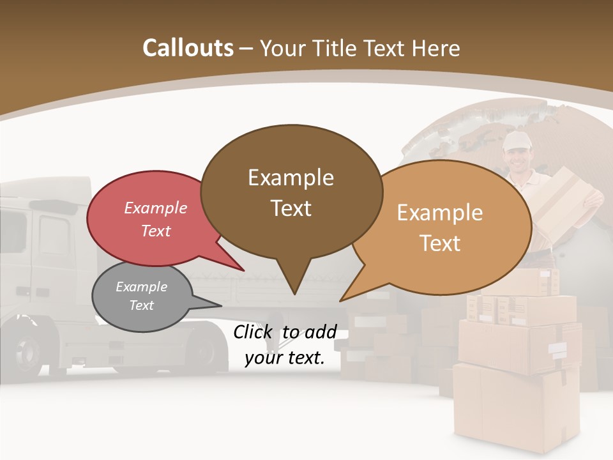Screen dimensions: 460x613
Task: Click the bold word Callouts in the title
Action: pos(188,48)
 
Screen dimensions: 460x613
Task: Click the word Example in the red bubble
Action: pos(156,208)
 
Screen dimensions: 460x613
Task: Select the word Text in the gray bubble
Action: pos(142,305)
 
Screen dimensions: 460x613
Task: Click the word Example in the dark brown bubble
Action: pos(291,177)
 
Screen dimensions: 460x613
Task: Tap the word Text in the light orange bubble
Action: pos(440,243)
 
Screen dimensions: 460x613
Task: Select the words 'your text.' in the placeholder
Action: pos(285,358)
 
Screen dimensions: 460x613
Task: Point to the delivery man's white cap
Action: pos(515,141)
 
